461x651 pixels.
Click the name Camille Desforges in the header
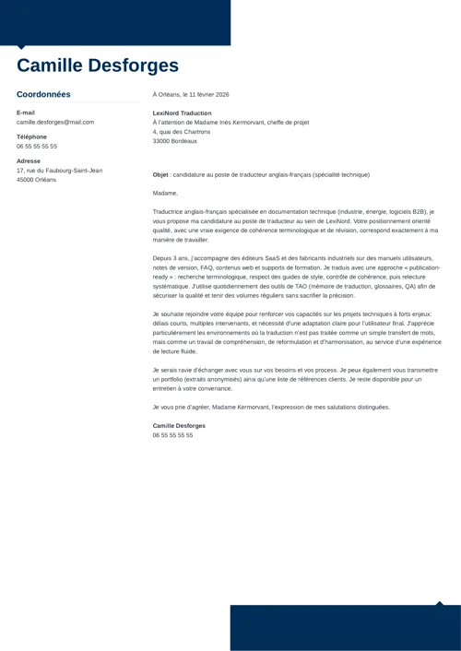(98, 65)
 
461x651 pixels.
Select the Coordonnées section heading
(43, 94)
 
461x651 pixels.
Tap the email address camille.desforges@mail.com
(55, 122)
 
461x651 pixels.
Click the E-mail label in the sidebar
(26, 112)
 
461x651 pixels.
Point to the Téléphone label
(31, 136)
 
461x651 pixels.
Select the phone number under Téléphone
(37, 146)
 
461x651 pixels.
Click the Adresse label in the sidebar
(29, 160)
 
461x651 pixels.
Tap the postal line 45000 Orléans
(36, 180)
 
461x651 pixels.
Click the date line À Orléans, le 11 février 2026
(191, 94)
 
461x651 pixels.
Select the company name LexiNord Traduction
(182, 112)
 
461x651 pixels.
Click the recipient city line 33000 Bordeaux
(175, 141)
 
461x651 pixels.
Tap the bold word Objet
(160, 174)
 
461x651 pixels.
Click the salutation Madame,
(165, 193)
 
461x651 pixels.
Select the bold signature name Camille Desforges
(179, 425)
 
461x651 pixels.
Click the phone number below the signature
(173, 434)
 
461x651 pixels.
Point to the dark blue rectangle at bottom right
(345, 628)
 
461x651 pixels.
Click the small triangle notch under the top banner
(21, 47)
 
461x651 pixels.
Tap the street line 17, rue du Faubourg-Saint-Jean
(59, 171)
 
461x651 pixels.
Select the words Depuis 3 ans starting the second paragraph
(171, 258)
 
